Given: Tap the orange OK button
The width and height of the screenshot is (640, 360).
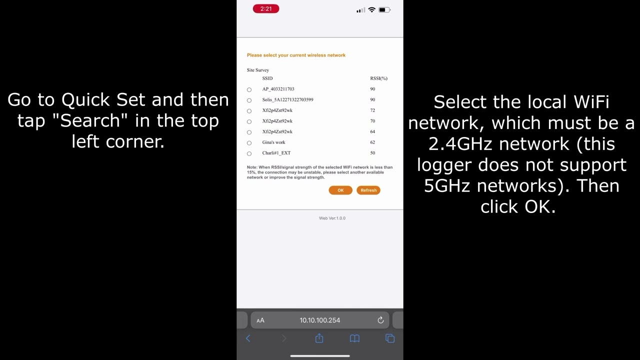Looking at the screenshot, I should [340, 190].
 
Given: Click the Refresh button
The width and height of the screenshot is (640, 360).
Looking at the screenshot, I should [368, 190].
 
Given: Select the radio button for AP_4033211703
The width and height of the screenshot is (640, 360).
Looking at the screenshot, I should [249, 89].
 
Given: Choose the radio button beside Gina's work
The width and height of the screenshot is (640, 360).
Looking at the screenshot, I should [249, 143].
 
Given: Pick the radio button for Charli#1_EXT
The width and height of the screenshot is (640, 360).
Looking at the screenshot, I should [249, 153].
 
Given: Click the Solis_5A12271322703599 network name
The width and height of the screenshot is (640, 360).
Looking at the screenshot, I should [287, 99].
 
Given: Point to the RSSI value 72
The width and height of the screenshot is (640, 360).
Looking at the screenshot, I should [372, 110].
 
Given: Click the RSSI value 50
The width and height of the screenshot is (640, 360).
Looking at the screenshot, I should [372, 153].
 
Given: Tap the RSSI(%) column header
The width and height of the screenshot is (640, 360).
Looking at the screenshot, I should [378, 78].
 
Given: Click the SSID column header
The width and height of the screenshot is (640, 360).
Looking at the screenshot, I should [267, 78].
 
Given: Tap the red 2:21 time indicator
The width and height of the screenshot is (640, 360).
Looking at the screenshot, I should [266, 9].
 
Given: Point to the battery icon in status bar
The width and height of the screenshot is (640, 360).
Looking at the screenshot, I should [383, 9].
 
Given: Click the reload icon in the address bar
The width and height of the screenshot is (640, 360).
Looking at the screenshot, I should [380, 320].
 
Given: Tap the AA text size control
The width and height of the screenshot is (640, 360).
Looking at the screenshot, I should [260, 320].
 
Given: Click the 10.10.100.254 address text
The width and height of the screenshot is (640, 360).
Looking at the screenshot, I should [320, 320].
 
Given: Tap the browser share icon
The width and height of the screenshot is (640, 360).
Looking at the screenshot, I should [319, 338].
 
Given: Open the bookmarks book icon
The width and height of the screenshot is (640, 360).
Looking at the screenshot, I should [354, 338].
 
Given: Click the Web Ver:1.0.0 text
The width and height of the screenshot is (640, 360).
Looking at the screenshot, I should [332, 218].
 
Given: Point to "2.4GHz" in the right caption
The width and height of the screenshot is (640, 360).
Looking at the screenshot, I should [460, 144].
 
